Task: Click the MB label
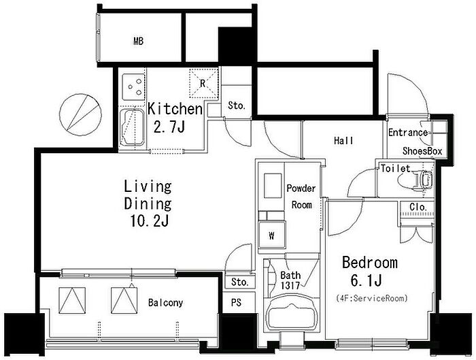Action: click(x=139, y=41)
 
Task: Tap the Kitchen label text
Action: click(x=175, y=109)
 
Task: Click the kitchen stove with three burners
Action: click(x=133, y=86)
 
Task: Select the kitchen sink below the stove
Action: click(x=132, y=127)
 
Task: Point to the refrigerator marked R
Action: click(x=204, y=83)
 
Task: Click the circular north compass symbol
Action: click(x=80, y=114)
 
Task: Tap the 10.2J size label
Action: click(x=150, y=221)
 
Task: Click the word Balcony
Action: click(x=165, y=303)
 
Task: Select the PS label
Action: click(x=236, y=303)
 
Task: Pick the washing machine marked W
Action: click(x=272, y=235)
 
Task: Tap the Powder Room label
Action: click(x=301, y=197)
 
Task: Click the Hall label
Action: click(x=343, y=141)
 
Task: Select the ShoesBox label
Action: click(x=422, y=151)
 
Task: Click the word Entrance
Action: click(x=408, y=133)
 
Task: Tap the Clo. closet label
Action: click(x=418, y=207)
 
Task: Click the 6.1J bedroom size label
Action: click(x=366, y=280)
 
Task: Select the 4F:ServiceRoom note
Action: click(x=372, y=298)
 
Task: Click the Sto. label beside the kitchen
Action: click(x=237, y=105)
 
